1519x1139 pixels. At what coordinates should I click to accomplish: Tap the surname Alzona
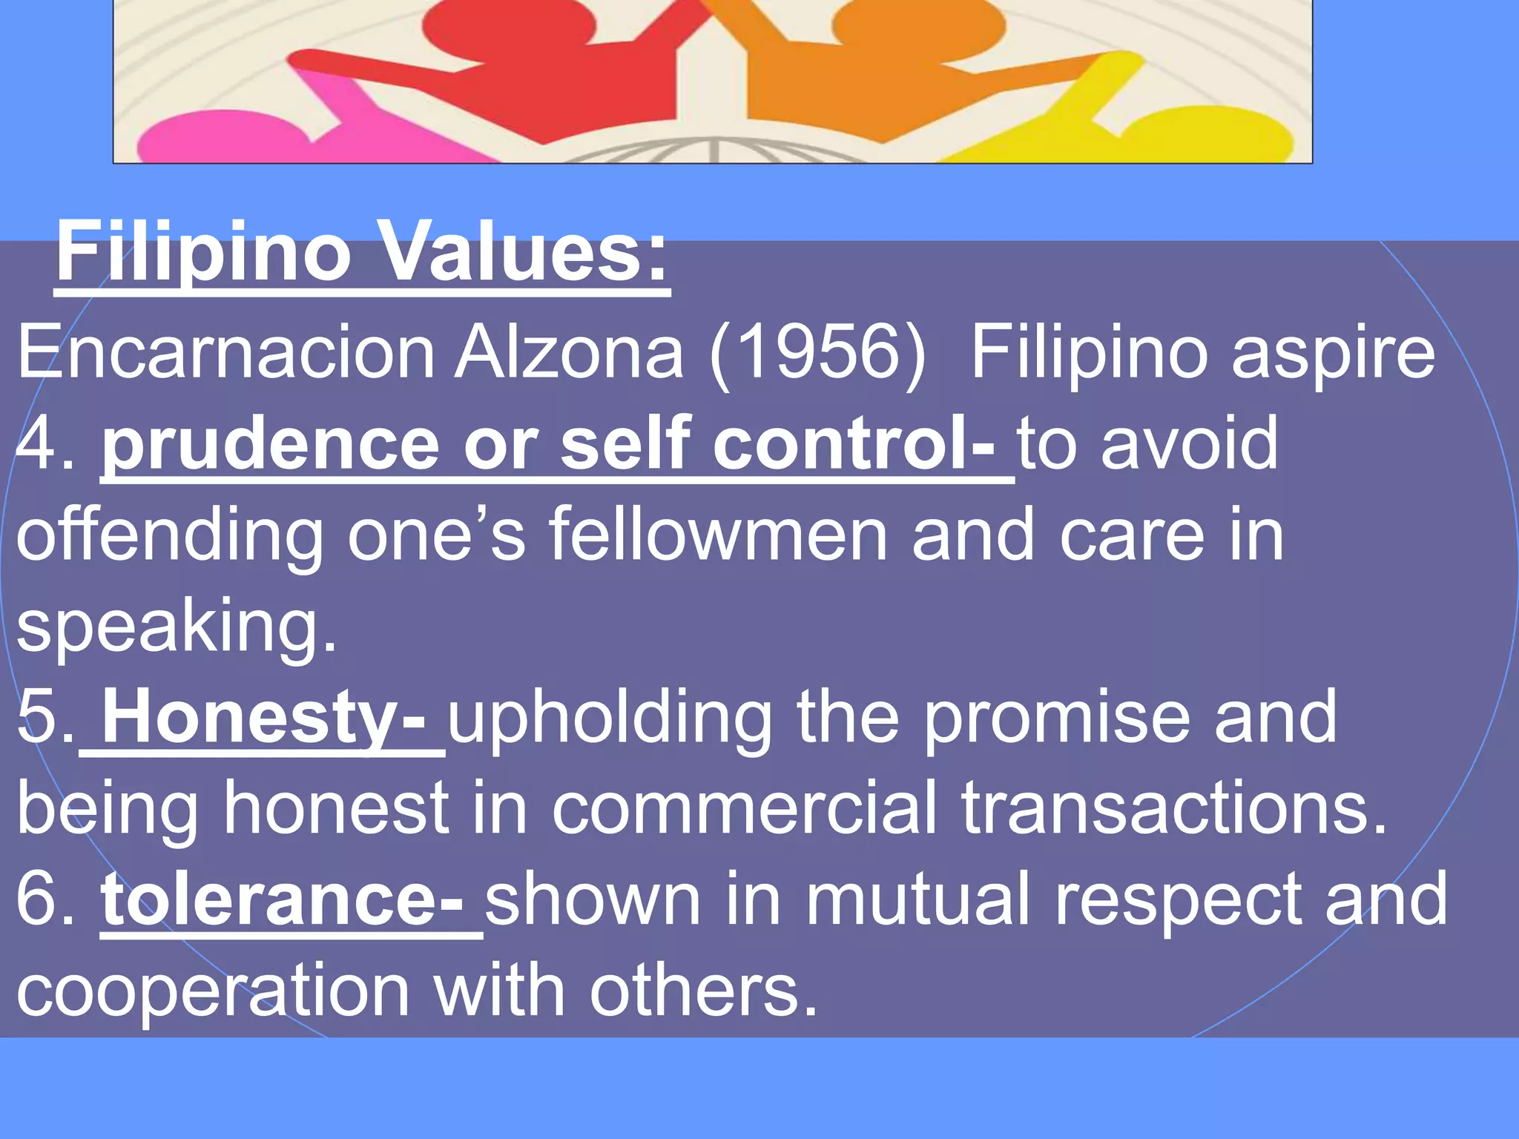coord(569,353)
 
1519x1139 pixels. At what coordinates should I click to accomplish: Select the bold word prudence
coord(271,446)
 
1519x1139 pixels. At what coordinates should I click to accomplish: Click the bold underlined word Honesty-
coord(263,718)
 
